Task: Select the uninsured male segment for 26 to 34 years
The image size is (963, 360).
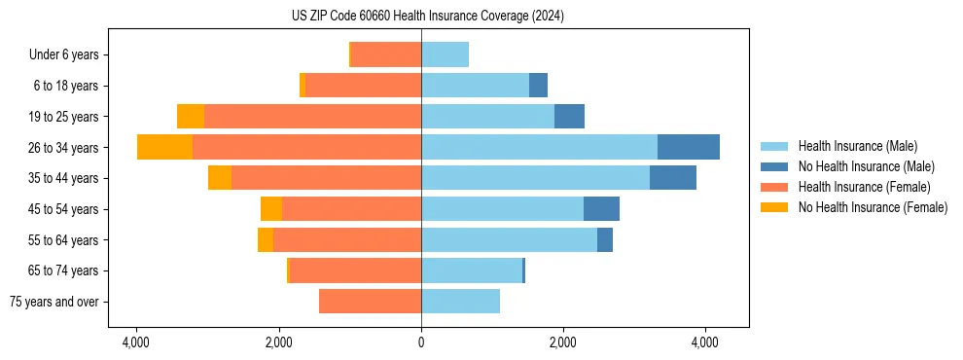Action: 688,147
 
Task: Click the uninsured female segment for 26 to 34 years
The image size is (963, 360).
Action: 164,147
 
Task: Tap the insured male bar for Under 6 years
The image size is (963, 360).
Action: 445,54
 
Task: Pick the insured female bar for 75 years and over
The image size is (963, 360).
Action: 370,302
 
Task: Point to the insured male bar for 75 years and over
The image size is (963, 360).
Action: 460,302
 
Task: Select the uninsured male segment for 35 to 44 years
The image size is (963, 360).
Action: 672,178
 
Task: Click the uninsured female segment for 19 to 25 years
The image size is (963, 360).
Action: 191,117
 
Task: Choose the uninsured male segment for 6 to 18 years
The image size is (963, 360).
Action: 538,86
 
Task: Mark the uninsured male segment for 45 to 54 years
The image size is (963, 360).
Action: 601,209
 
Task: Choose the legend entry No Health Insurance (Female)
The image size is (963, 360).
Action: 873,207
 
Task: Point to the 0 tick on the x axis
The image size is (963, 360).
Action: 421,342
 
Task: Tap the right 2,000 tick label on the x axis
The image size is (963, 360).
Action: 563,342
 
